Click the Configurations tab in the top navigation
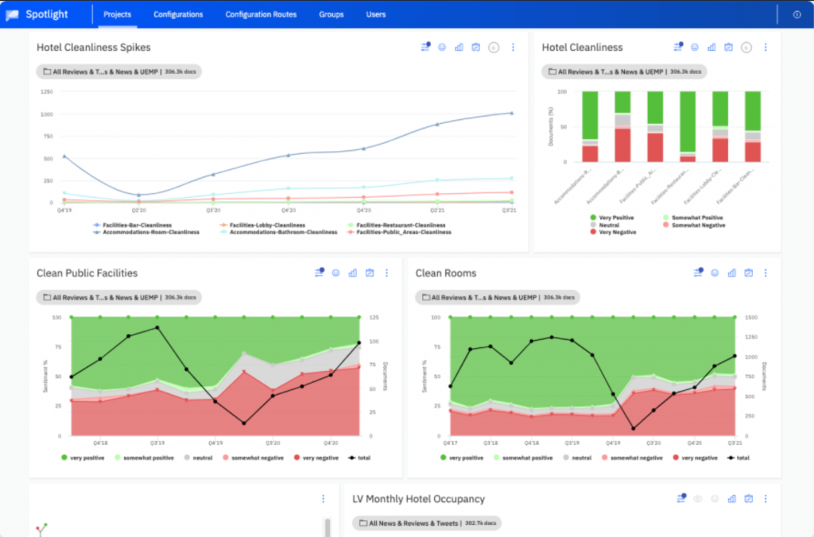178,14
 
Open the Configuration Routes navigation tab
261,14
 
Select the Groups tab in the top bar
331,14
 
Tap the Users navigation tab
376,14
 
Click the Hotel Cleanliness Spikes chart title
93,48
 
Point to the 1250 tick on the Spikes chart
45,91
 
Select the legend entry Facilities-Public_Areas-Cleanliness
403,232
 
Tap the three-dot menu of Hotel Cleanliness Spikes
513,48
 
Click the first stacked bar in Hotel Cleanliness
590,127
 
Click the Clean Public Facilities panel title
87,273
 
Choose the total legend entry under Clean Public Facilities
359,458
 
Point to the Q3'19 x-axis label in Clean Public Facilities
157,442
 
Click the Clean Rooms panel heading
446,273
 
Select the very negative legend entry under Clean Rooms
693,458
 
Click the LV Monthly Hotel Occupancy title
418,499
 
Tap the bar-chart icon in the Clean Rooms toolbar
732,273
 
